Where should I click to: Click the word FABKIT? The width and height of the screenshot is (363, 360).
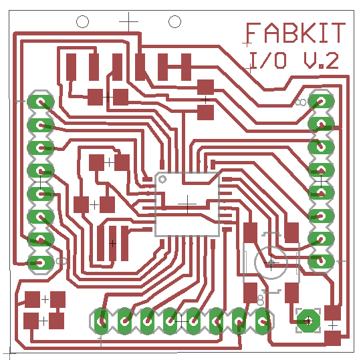point(296,33)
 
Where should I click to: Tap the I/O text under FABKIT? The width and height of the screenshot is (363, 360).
point(267,60)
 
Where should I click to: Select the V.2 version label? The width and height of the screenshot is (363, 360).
point(322,61)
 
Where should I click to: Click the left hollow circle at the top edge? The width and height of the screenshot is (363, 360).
point(82,22)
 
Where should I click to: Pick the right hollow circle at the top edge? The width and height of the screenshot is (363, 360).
point(174,22)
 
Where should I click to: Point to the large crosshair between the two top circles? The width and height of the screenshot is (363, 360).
point(129,22)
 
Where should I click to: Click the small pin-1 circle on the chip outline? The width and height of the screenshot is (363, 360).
point(162,179)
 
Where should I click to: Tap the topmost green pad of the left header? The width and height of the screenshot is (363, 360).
point(41,102)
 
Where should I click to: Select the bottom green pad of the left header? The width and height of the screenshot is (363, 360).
point(41,262)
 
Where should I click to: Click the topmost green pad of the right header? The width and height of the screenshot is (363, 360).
point(321,102)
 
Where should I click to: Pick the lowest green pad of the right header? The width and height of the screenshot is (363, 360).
point(321,261)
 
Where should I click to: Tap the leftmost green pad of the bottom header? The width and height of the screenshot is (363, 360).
point(101,321)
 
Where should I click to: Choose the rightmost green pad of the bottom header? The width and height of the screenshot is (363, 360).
point(262,321)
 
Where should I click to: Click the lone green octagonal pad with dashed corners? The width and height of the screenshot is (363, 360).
point(308,321)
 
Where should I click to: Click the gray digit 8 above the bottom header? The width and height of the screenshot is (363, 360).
point(261,300)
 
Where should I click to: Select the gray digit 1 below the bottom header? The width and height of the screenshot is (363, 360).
point(100,342)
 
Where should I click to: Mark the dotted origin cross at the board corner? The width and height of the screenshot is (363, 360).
point(10,353)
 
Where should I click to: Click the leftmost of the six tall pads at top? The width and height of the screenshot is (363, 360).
point(71,67)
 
